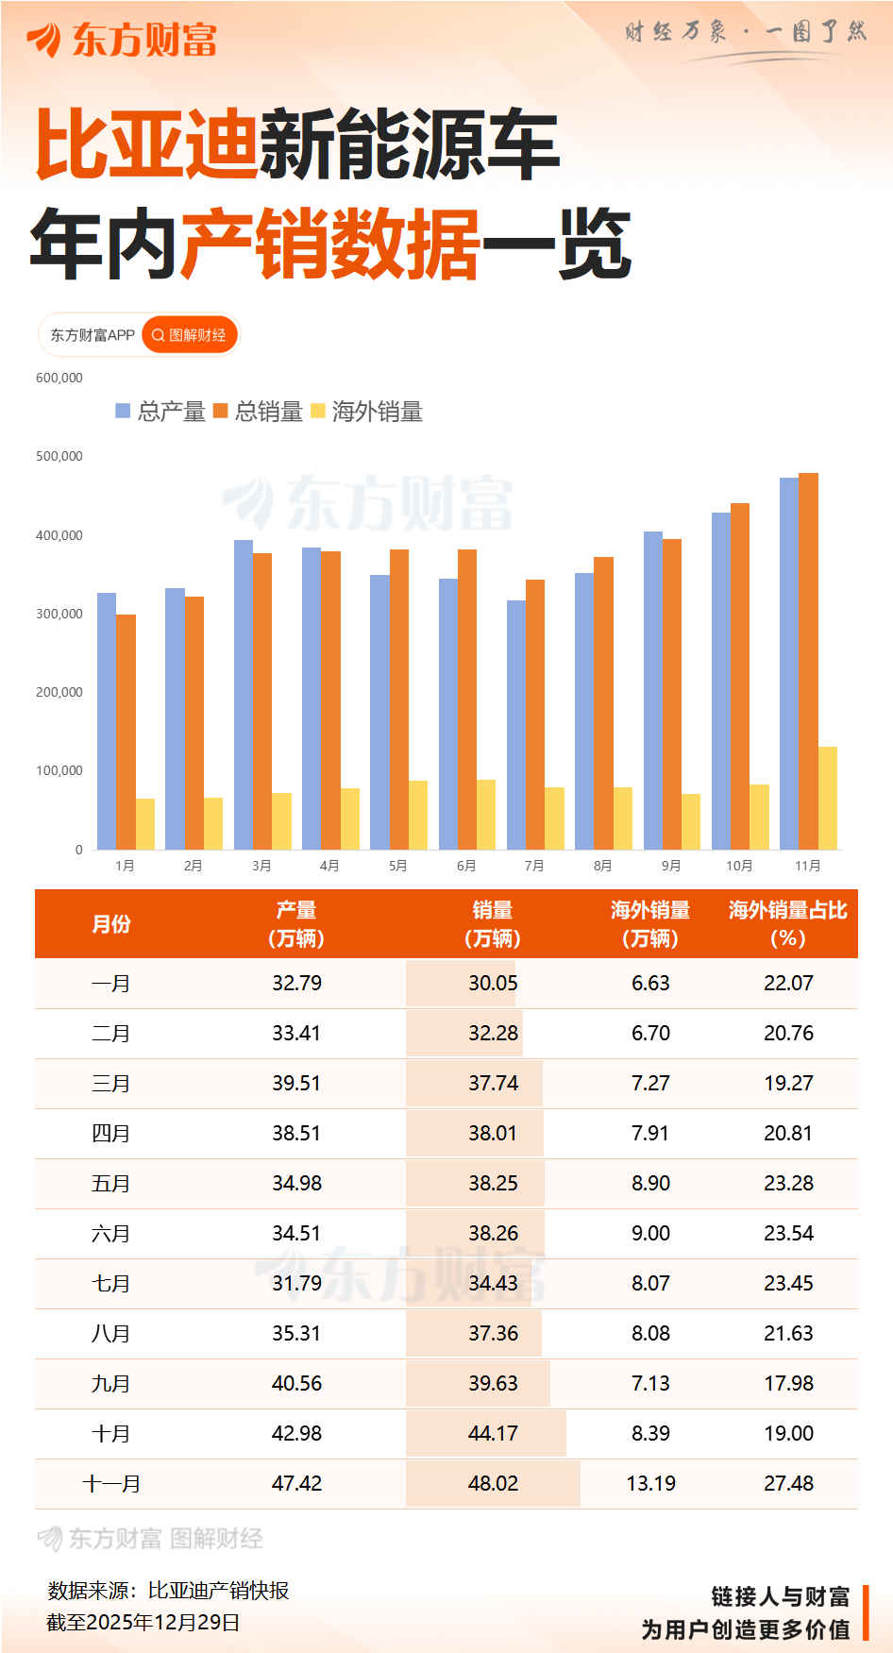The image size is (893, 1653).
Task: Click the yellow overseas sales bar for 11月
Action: click(x=827, y=798)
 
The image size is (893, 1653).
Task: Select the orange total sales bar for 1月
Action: click(x=126, y=732)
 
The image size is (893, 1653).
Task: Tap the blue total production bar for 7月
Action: click(x=516, y=724)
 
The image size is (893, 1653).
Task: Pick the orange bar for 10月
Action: click(x=740, y=676)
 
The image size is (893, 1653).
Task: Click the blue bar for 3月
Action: click(x=244, y=694)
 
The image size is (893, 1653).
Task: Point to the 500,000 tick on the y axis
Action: click(x=59, y=456)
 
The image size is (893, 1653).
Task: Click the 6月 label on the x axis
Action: click(x=466, y=866)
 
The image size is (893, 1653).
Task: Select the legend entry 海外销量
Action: click(x=367, y=412)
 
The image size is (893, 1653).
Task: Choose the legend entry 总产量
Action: click(x=161, y=412)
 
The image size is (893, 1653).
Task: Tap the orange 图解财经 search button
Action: click(x=189, y=335)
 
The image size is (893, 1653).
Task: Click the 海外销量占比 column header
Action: click(x=787, y=923)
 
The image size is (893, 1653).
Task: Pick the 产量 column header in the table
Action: click(x=296, y=923)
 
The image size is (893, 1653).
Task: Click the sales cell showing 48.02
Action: click(x=493, y=1483)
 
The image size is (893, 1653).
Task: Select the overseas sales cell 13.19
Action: click(x=650, y=1483)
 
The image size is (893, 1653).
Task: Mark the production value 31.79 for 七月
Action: click(x=296, y=1283)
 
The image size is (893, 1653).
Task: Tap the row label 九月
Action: click(x=110, y=1383)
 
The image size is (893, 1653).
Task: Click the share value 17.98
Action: click(x=787, y=1383)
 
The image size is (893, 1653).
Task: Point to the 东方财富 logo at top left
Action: click(x=123, y=40)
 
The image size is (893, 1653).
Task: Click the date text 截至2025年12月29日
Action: click(x=143, y=1622)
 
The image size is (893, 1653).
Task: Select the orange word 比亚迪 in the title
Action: click(x=146, y=144)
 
